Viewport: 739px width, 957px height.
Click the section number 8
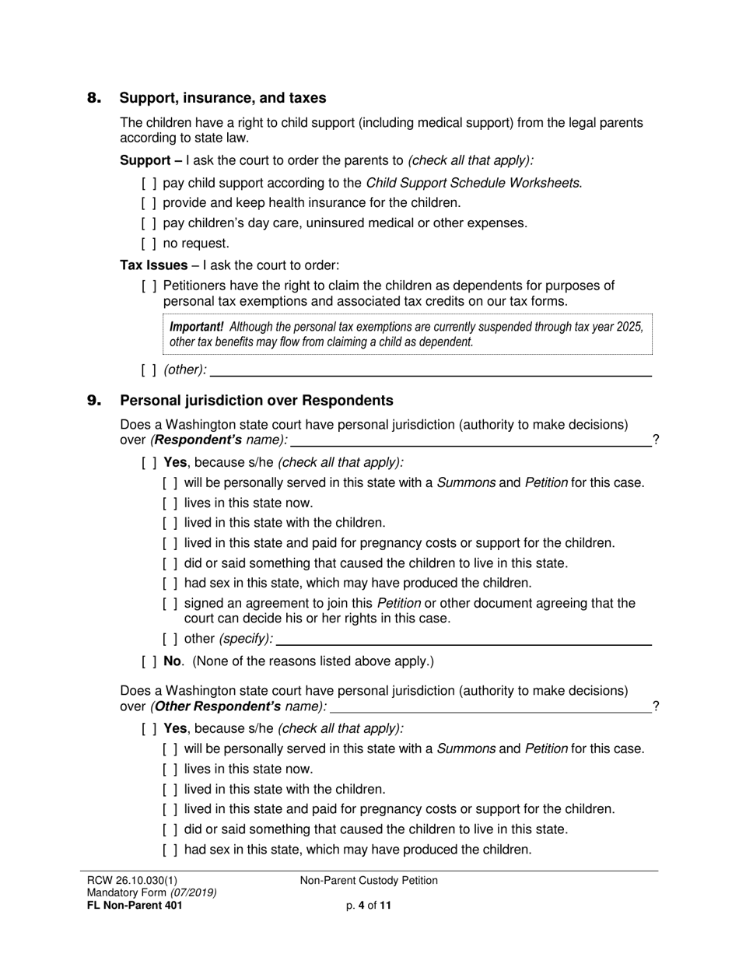(94, 98)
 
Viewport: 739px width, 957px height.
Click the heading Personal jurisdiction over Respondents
(256, 401)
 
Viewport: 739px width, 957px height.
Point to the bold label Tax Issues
(153, 265)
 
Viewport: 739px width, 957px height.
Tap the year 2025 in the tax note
(629, 327)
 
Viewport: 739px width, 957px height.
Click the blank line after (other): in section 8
(430, 370)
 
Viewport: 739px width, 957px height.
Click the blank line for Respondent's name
(471, 441)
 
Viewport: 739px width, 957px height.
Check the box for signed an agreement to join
(170, 604)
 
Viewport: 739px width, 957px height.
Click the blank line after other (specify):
(464, 639)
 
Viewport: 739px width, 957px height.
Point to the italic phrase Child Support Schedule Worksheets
(472, 184)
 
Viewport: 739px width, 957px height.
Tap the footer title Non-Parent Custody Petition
(369, 881)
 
